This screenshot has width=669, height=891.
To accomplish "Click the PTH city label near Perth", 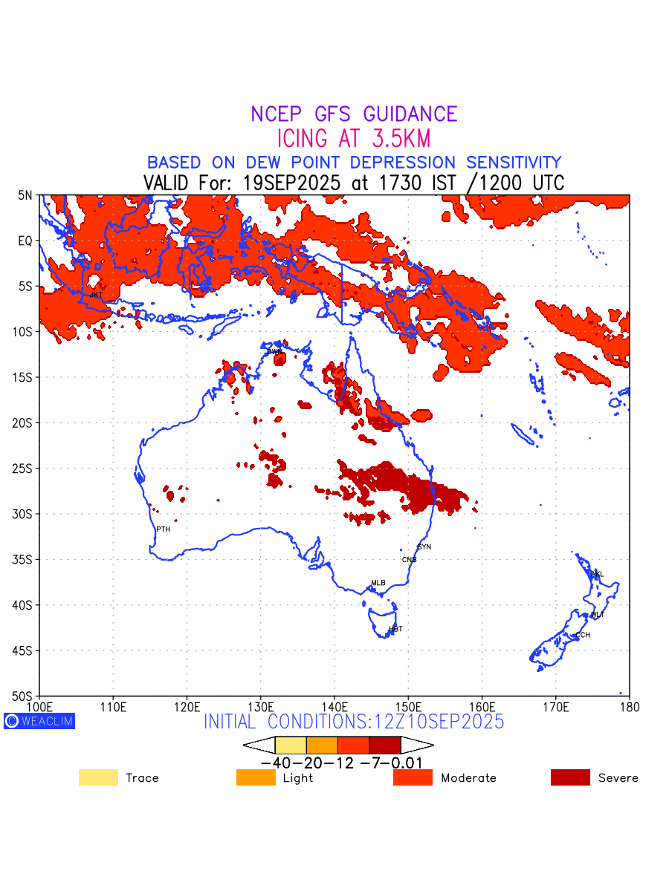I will (163, 529).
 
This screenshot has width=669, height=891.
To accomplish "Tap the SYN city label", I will (424, 547).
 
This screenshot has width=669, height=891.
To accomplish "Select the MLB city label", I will (378, 583).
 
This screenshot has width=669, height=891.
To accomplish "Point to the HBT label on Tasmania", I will (395, 629).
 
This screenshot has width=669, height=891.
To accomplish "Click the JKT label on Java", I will (96, 295).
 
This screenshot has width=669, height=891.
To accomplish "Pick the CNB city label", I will (409, 560).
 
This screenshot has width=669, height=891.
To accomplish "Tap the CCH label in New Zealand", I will (583, 635).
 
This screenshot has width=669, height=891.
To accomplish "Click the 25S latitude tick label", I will (25, 469).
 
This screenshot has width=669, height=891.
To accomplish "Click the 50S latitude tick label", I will (25, 696).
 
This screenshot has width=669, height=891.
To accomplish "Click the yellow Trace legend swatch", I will (98, 777).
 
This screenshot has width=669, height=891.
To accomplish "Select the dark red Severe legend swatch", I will (570, 777).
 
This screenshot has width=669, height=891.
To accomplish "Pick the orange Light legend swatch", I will (256, 777).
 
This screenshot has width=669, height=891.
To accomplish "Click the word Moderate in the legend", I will (468, 778).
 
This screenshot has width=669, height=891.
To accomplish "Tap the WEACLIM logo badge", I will (39, 721).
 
